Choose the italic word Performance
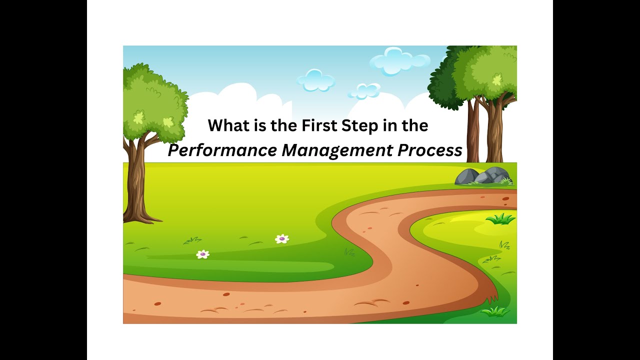pos(222,150)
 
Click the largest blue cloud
pos(399,61)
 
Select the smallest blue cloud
pos(364,90)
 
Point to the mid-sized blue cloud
pos(316,79)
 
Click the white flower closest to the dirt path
pos(282,239)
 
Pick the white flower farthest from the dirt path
pos(202,254)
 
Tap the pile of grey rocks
pos(482,176)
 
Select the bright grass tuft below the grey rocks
pos(500,218)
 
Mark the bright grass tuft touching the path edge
pos(495,311)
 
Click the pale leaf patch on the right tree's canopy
pos(496,79)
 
